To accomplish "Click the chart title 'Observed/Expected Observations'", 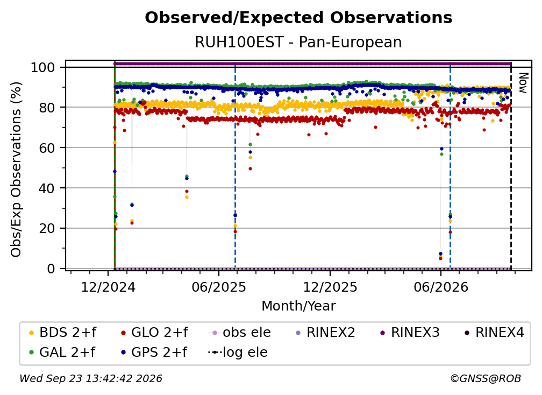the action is (x=298, y=18).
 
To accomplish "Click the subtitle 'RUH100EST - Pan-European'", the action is (x=298, y=43).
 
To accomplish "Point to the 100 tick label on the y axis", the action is (x=43, y=67).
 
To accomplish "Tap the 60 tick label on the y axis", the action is (x=47, y=147).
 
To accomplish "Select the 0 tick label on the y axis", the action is (x=51, y=269).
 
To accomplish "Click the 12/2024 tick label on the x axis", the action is (x=108, y=287).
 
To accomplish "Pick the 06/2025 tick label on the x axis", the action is (x=219, y=287).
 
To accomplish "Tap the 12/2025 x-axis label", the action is (x=330, y=287).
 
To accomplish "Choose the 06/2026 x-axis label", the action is (x=441, y=287).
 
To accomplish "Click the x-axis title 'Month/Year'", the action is (x=298, y=306).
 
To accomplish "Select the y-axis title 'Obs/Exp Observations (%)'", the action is (x=16, y=170).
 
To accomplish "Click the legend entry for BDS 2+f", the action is (x=62, y=333).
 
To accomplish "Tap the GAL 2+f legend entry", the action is (x=62, y=352).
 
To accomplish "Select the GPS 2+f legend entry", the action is (x=154, y=352).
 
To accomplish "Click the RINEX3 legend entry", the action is (x=410, y=333).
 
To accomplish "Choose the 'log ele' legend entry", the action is (x=238, y=352).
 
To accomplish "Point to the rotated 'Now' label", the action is (x=523, y=83).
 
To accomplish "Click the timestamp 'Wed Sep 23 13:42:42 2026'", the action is (x=90, y=378).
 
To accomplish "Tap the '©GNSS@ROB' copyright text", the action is (x=486, y=378).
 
